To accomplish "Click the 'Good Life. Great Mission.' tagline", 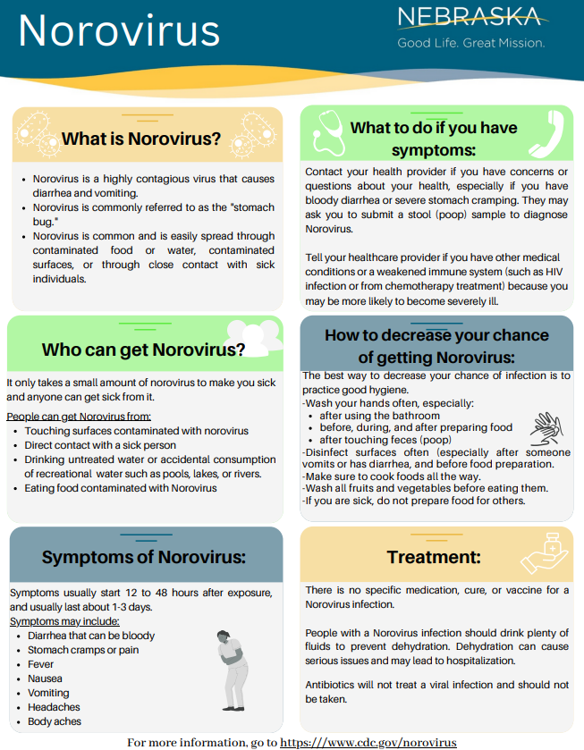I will tap(470, 43).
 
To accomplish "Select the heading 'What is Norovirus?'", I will tap(141, 139).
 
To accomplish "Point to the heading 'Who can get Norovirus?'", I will tap(144, 349).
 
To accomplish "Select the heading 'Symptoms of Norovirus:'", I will tap(144, 558).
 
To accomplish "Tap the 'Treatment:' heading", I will tap(434, 558).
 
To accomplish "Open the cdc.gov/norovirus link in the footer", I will tap(368, 742).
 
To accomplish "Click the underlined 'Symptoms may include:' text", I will tap(64, 621).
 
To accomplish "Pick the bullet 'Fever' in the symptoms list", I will tap(40, 664).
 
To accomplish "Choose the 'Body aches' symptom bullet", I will tap(54, 721).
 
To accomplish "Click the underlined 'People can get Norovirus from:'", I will tap(79, 417).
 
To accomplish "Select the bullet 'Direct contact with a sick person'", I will tap(100, 445).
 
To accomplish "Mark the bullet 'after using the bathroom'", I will tap(379, 416).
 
